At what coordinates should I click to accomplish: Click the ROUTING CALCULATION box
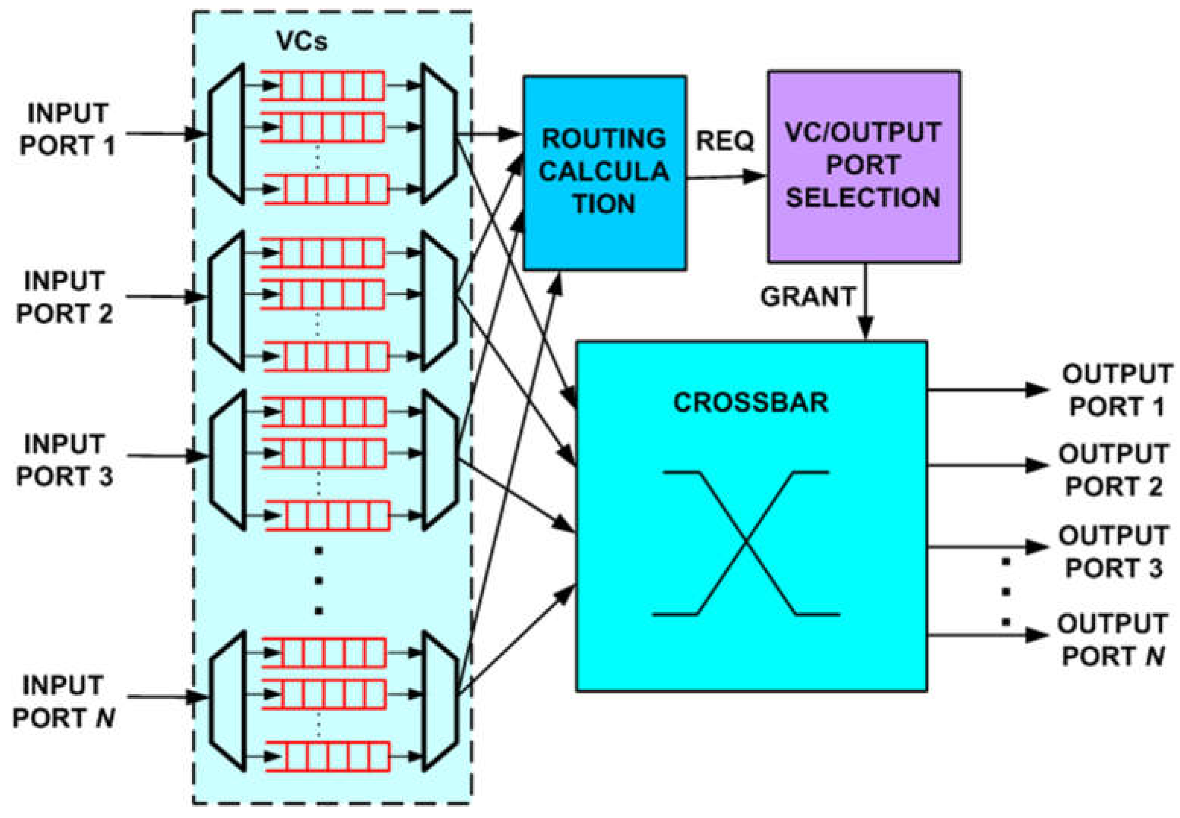604,173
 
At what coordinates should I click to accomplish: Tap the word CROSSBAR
750,402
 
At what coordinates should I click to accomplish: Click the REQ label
725,140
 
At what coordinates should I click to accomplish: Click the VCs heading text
302,41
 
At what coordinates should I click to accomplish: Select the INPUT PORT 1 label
67,129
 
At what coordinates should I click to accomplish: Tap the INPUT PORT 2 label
65,297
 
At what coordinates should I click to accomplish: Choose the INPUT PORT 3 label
65,460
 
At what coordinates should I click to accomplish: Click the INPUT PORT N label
63,701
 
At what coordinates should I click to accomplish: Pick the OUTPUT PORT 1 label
1117,390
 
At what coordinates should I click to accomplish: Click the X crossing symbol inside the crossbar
746,542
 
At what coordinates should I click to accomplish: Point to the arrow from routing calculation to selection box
726,177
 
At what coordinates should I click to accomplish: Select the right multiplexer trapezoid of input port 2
438,301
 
